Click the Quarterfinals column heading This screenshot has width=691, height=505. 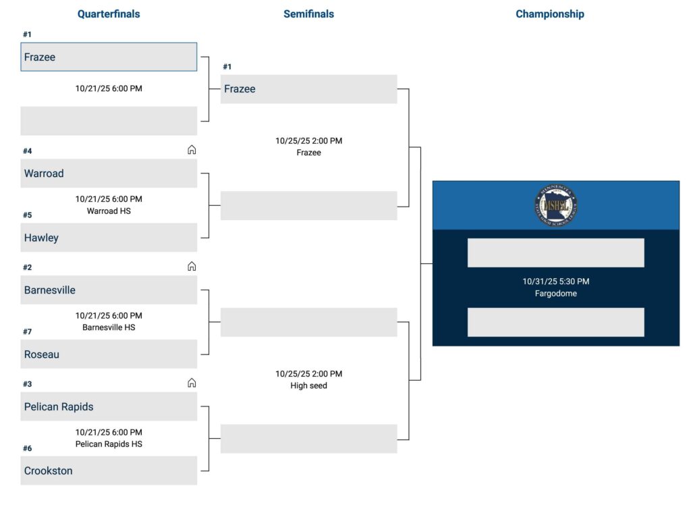tap(109, 14)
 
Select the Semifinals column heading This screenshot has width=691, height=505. tap(308, 14)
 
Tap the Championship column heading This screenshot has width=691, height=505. tap(550, 14)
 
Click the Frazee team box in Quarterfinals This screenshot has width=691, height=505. tap(109, 57)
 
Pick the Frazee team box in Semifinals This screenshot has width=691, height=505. tap(308, 89)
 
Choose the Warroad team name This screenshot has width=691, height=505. tap(44, 174)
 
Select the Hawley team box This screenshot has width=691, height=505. tap(109, 238)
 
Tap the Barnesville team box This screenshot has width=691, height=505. tap(109, 290)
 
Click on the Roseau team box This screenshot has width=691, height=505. tap(109, 354)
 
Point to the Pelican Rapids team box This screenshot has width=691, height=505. tap(109, 406)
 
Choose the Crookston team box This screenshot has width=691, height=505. tap(109, 471)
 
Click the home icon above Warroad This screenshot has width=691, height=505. tap(192, 150)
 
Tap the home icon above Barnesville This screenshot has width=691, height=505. tap(192, 267)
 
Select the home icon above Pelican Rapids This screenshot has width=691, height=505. tap(192, 383)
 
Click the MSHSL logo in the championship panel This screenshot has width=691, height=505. tap(555, 205)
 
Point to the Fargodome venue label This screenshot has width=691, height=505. tap(555, 294)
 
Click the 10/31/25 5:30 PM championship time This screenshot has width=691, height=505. tap(555, 282)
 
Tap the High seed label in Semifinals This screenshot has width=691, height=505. tap(308, 386)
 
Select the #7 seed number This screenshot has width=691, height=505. tap(28, 331)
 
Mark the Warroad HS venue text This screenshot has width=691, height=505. tap(109, 211)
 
